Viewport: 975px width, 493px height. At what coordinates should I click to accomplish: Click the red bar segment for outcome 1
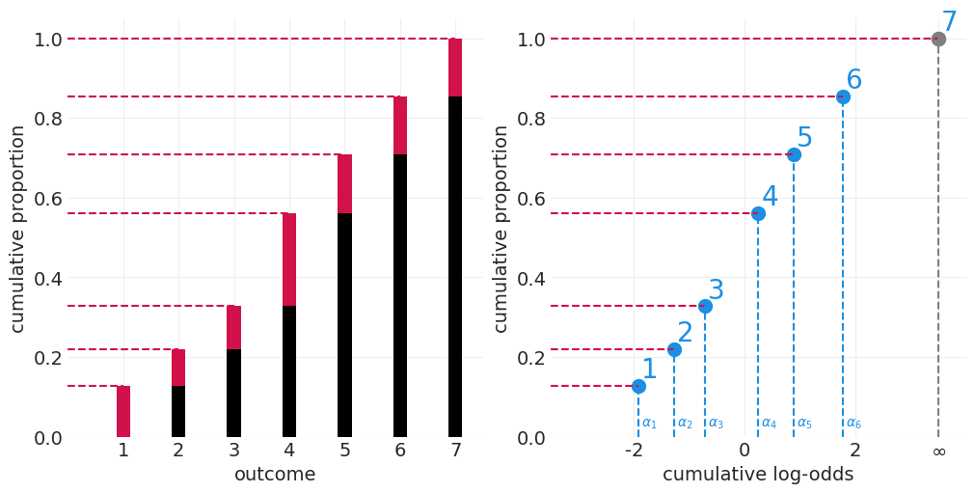tap(123, 411)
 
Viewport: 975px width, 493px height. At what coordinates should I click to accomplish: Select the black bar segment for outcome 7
tap(455, 266)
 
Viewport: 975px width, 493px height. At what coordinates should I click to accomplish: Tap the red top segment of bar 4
tap(289, 260)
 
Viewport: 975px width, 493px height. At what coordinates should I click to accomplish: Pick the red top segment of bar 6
tap(400, 125)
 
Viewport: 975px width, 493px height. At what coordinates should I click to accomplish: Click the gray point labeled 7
tap(938, 40)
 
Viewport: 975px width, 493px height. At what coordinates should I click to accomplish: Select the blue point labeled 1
tap(638, 386)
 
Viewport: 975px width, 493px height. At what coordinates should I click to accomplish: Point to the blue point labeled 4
tap(758, 213)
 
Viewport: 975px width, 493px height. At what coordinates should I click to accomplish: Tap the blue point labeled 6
tap(843, 96)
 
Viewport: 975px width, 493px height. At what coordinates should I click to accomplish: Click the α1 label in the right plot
tap(649, 423)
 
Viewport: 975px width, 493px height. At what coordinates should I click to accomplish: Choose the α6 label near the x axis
tap(853, 423)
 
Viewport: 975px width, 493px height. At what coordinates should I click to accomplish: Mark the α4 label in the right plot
tap(769, 423)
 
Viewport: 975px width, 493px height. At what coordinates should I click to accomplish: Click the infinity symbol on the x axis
tap(938, 452)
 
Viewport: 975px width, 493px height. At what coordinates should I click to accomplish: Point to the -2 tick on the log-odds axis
tap(634, 451)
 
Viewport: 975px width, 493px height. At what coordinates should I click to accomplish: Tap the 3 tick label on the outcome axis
tap(233, 451)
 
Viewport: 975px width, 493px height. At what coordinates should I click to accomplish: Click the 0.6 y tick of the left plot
tap(47, 199)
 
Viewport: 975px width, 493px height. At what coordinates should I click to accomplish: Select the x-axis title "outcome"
tap(275, 475)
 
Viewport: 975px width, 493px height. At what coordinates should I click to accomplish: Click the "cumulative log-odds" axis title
tap(758, 475)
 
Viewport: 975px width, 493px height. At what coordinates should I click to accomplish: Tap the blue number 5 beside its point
tap(804, 138)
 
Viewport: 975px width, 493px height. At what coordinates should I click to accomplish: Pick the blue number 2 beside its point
tap(685, 333)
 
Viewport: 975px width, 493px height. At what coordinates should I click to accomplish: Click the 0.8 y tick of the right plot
tap(531, 119)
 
